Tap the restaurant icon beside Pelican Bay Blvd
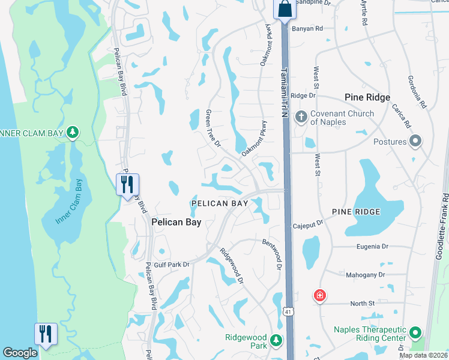tap(127, 184)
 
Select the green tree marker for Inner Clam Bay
tap(73, 131)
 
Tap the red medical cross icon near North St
tap(320, 295)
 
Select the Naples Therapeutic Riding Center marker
tap(415, 333)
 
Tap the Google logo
tap(20, 353)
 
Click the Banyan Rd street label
tap(307, 28)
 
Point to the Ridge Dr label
tap(303, 95)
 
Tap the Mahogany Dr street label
tap(365, 274)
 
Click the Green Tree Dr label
tap(214, 128)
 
